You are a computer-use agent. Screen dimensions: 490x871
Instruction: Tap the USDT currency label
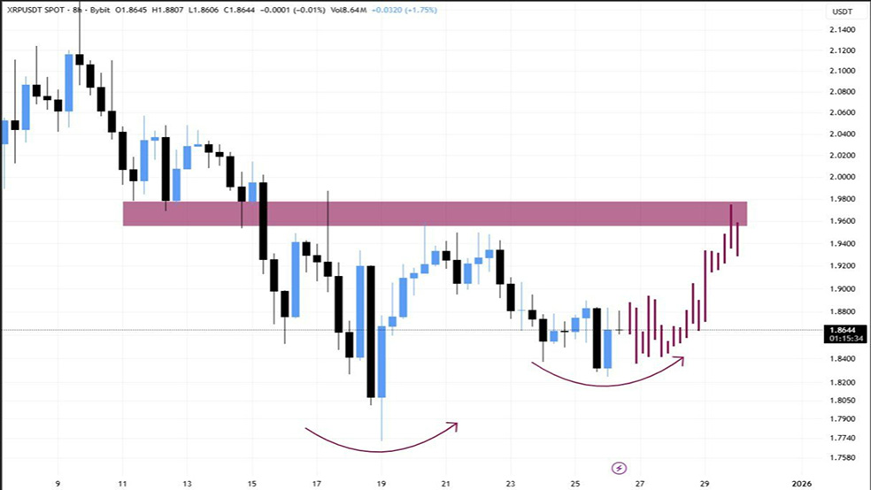[843, 11]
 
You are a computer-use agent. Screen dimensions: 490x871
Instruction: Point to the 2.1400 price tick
[843, 29]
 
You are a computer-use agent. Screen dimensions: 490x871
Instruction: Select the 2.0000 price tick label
[843, 177]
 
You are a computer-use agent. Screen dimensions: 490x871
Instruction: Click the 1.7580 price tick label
[843, 458]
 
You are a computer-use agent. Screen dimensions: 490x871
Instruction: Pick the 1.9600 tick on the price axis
[843, 221]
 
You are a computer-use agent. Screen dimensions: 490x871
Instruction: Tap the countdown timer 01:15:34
[843, 338]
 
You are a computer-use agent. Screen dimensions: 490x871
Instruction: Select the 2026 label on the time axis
[801, 484]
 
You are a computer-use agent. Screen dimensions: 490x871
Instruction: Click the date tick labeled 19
[382, 484]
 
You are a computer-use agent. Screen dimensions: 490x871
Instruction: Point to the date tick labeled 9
[58, 484]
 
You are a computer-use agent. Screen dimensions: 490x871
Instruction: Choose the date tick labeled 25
[575, 484]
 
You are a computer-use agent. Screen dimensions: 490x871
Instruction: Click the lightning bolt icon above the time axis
[620, 466]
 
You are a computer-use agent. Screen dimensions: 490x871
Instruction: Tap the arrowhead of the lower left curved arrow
[454, 425]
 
